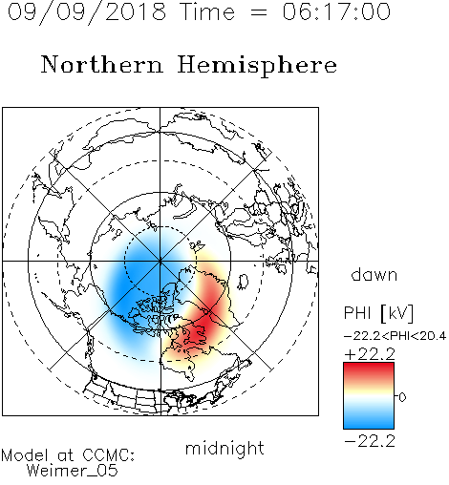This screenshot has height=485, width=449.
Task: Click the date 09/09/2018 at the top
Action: (x=87, y=12)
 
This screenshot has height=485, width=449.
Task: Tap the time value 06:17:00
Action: (x=336, y=11)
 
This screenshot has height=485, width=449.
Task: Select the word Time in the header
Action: (x=207, y=11)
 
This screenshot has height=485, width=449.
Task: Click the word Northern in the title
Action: (x=102, y=64)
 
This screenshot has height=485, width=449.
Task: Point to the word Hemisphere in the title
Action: (x=257, y=66)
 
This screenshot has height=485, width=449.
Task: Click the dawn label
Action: (x=374, y=274)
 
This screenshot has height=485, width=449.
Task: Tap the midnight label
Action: (x=224, y=449)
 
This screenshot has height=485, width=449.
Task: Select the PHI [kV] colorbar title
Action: (x=378, y=313)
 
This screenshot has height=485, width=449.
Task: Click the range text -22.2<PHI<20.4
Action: (x=395, y=336)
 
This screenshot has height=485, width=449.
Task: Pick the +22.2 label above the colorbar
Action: (x=370, y=354)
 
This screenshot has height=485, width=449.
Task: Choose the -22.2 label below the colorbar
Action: (x=370, y=441)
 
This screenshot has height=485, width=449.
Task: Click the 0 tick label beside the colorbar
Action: (x=402, y=397)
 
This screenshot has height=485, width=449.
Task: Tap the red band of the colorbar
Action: (x=369, y=370)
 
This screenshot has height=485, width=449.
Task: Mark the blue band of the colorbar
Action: (x=369, y=420)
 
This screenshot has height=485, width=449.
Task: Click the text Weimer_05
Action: (x=72, y=471)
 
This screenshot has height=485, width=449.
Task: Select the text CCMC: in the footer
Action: (x=108, y=455)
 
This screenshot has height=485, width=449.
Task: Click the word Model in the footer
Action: (x=25, y=455)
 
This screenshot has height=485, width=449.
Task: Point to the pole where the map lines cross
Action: (x=160, y=261)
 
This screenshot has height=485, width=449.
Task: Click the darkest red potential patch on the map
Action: (x=203, y=327)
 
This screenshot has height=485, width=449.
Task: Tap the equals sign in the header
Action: (x=258, y=12)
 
